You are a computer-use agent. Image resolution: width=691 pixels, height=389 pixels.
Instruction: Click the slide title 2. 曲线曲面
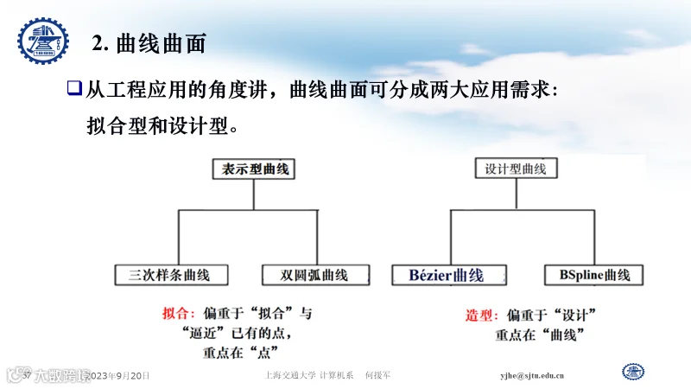click(149, 42)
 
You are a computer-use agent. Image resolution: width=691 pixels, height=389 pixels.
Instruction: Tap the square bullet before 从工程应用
click(74, 87)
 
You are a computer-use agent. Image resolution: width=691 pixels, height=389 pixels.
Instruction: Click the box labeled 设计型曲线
click(516, 169)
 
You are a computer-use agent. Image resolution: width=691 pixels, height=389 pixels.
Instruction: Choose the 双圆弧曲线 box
click(314, 276)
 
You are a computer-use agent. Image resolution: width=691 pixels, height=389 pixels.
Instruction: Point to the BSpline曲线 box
click(594, 276)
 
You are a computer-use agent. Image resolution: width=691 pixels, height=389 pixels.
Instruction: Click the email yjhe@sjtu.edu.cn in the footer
click(533, 376)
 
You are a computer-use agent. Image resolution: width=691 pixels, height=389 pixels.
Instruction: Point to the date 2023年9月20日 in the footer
click(120, 376)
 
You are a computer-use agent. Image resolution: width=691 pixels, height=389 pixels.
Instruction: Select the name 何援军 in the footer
click(378, 376)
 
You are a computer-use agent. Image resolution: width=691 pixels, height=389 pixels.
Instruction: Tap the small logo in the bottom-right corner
click(634, 372)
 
